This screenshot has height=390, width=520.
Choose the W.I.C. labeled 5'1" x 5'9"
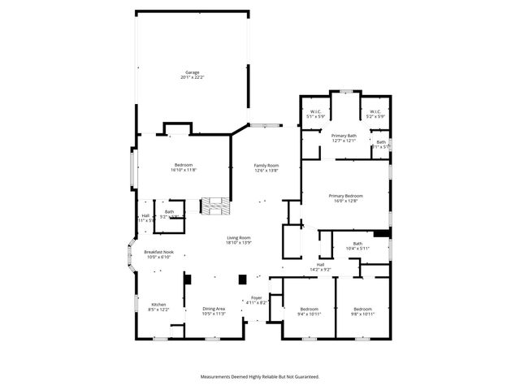315,114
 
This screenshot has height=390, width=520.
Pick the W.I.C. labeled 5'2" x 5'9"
375,114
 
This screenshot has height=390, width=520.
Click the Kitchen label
158,307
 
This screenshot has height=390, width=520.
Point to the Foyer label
257,300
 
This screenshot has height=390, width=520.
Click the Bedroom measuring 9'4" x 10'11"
310,311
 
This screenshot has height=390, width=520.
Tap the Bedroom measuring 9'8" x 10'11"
362,311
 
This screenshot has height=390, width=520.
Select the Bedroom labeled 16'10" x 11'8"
184,167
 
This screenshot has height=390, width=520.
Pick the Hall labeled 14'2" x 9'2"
321,266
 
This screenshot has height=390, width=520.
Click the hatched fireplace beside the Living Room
214,206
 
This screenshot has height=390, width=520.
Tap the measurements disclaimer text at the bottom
260,376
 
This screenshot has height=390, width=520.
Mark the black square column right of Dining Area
241,279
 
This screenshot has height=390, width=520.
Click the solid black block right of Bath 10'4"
382,233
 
